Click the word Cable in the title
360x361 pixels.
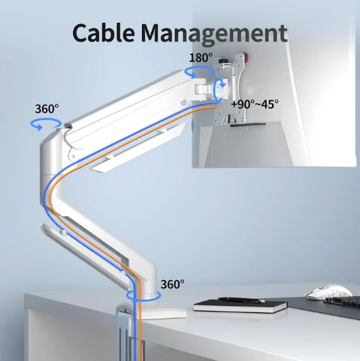pos(104,33)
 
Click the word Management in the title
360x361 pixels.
pos(214,33)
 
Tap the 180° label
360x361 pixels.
pos(201,58)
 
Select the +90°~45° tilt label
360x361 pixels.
pos(255,104)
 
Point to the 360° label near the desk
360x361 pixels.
pos(172,284)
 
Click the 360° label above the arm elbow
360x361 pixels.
pos(47,109)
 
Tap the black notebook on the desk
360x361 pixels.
pos(240,306)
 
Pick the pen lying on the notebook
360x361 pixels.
pos(241,300)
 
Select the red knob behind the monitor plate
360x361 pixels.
pos(246,56)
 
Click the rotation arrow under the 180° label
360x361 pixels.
pos(200,71)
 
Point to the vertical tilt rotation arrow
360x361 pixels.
pos(219,89)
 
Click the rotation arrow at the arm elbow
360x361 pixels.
pos(46,124)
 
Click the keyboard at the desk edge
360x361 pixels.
pos(342,303)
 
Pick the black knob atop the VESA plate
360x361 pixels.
pos(224,61)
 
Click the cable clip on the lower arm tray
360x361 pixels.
pos(63,232)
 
